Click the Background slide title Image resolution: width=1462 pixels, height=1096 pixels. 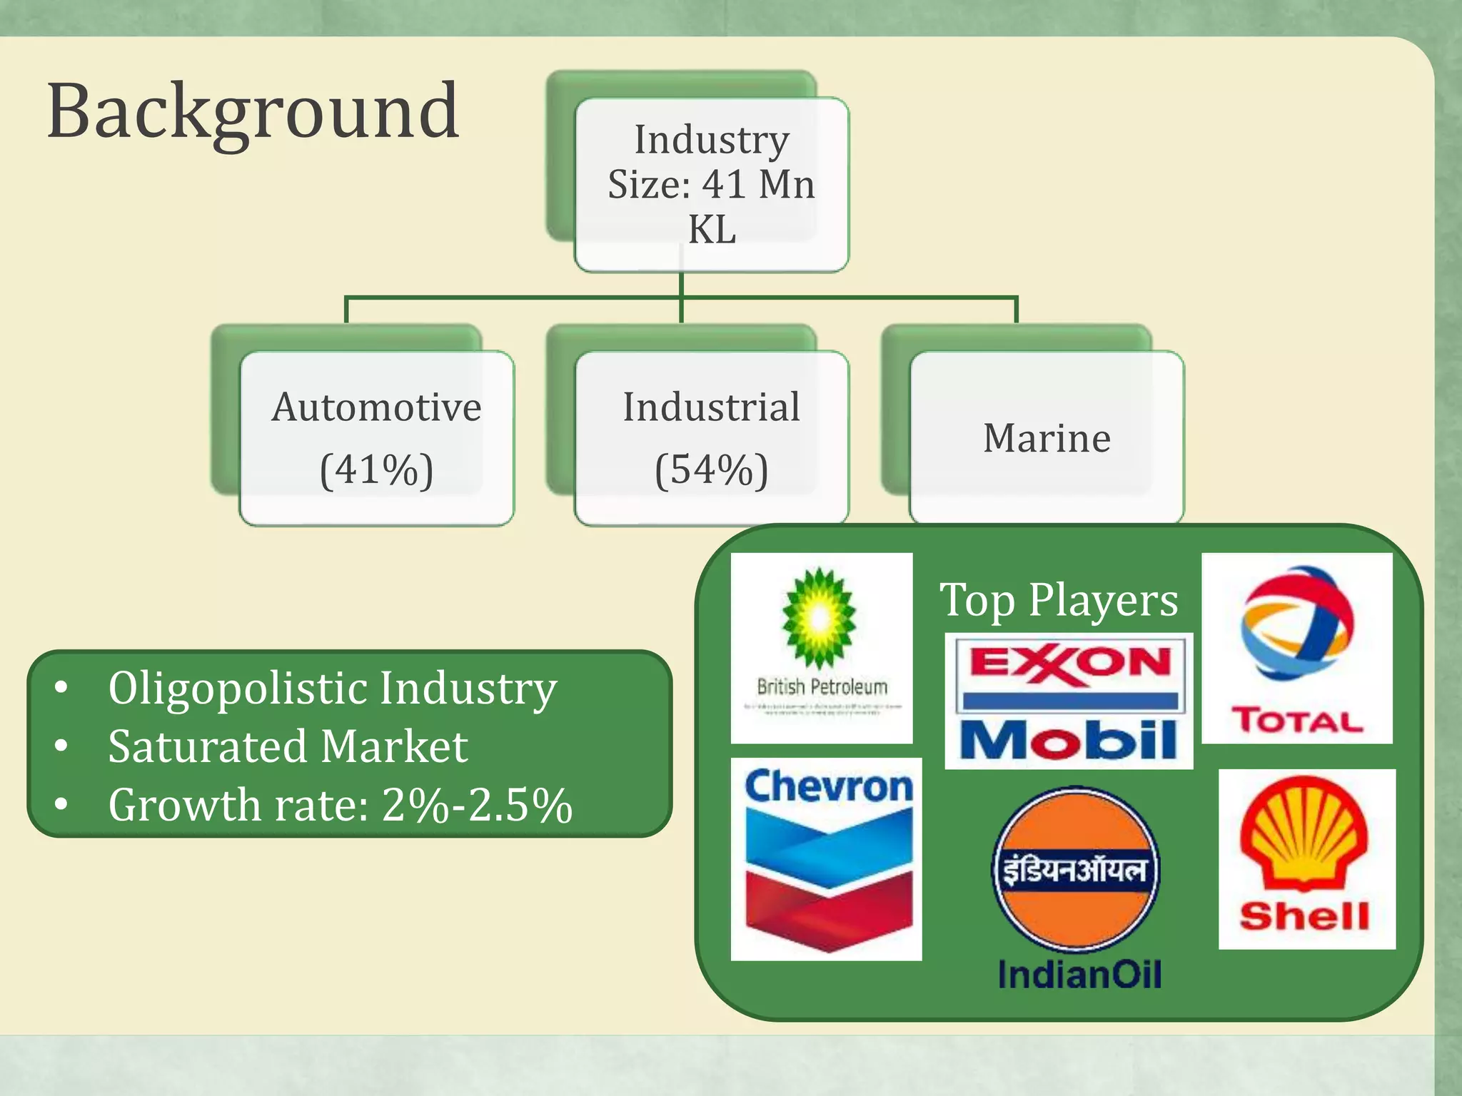pos(253,113)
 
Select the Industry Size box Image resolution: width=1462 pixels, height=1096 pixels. pos(711,184)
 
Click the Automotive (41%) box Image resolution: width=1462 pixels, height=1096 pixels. pos(376,438)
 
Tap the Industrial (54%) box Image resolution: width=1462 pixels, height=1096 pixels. pos(711,438)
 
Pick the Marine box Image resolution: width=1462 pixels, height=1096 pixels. pos(1047,438)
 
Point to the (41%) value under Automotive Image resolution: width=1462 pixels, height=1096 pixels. pos(376,470)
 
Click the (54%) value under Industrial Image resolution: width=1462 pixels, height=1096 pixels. pos(711,470)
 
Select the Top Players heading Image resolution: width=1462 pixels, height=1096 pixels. pos(1059,600)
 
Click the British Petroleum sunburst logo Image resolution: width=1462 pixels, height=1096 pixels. pos(820,618)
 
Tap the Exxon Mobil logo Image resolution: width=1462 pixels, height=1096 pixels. pos(1069,701)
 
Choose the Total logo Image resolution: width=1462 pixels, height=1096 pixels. pos(1297,648)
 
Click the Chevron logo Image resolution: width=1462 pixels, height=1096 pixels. pos(827,859)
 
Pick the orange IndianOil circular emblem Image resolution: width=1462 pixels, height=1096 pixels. pos(1077,869)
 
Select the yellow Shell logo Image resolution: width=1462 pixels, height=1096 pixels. pos(1306,858)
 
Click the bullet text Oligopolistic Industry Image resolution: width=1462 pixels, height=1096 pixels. pos(332,689)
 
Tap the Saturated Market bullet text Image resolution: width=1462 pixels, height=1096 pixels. pos(288,747)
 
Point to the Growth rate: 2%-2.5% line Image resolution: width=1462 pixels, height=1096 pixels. pos(340,806)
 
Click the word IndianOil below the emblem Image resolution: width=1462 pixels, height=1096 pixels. pos(1079,975)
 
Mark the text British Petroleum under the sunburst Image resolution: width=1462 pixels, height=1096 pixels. pos(822,687)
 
